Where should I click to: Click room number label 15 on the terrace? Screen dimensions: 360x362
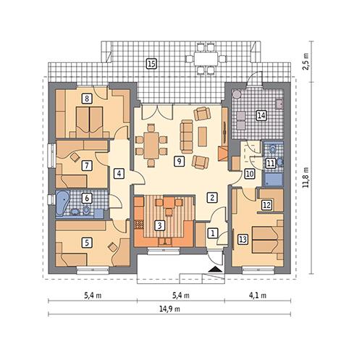tap(151, 64)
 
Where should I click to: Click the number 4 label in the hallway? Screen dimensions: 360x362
tap(119, 173)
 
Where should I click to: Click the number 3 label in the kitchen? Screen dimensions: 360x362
tap(160, 226)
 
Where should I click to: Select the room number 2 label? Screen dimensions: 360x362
tap(211, 196)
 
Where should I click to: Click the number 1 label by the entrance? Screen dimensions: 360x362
tap(211, 233)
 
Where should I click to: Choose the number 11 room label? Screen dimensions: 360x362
tap(270, 163)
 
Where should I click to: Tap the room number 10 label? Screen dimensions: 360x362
tap(248, 173)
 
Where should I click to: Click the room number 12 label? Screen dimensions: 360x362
tap(266, 205)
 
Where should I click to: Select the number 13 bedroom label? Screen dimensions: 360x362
tap(243, 238)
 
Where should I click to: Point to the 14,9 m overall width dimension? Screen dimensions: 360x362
tap(172, 309)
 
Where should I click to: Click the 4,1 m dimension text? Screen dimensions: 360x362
tap(258, 296)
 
